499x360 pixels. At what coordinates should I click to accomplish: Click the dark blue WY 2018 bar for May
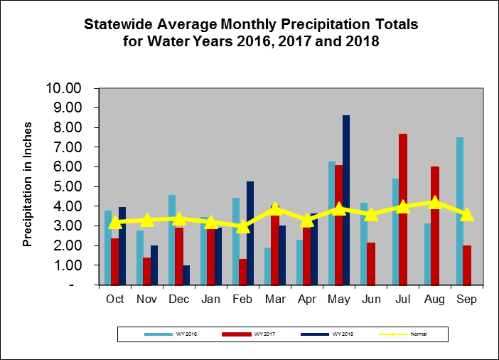point(346,200)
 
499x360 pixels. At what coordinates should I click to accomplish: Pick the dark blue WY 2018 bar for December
point(186,275)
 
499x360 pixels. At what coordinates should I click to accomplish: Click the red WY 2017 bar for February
point(242,272)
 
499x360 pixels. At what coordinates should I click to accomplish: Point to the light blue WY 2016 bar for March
point(268,266)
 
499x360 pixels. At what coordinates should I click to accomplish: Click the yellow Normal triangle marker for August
point(435,203)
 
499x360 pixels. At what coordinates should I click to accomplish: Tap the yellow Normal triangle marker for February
point(242,226)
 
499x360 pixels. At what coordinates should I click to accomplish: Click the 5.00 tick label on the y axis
point(71,187)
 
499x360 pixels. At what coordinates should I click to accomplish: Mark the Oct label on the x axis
point(115,300)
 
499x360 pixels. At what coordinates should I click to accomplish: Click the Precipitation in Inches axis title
point(28,186)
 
